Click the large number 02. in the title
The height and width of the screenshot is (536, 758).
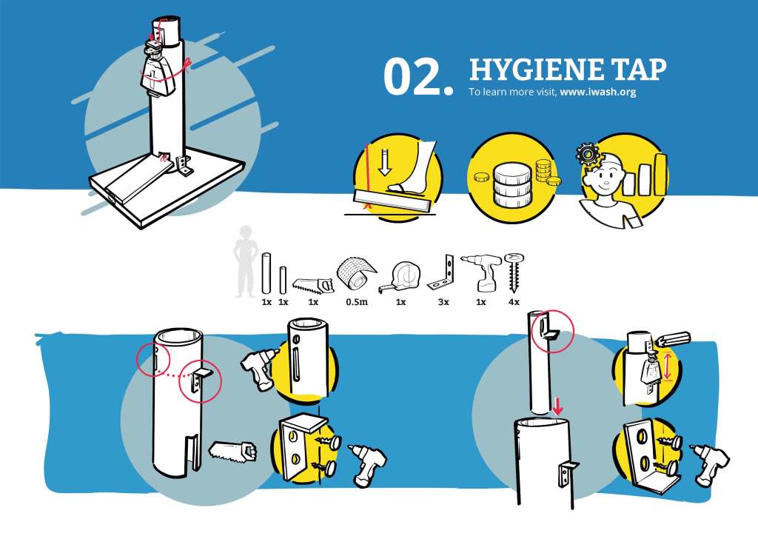click(419, 76)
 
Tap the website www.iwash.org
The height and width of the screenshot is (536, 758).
click(598, 92)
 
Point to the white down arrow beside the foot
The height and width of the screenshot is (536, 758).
click(385, 162)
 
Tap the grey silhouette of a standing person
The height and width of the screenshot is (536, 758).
click(245, 261)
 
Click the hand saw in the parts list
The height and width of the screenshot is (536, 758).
click(313, 285)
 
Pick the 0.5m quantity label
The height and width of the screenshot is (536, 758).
click(356, 302)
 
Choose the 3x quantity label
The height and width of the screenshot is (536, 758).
click(443, 302)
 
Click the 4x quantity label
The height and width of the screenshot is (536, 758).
click(514, 302)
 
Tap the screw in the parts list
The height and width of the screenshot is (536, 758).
click(514, 272)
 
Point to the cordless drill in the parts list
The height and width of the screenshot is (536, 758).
click(481, 272)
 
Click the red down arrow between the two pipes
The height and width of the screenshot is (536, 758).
click(557, 406)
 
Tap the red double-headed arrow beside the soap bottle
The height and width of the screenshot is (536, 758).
click(668, 367)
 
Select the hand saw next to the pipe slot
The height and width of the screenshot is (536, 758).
click(232, 452)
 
